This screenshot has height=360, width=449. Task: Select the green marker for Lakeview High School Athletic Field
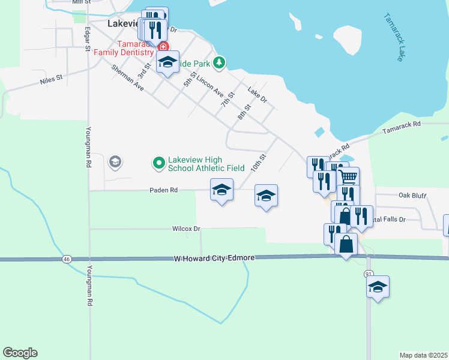[x=159, y=162]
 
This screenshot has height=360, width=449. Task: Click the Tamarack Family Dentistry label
[x=127, y=49]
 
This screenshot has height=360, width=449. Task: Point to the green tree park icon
[x=220, y=62]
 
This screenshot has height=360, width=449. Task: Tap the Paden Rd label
[x=164, y=190]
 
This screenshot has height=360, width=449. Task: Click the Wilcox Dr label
[x=185, y=229]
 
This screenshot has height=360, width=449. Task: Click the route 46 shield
[x=65, y=259]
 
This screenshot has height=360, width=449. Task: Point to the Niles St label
[x=51, y=79]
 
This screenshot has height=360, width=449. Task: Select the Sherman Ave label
[x=128, y=77]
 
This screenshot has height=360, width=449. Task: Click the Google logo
[x=20, y=353]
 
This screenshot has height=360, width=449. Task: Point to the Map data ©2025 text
[x=423, y=355]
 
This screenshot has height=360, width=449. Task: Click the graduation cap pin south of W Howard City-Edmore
[x=378, y=287]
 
